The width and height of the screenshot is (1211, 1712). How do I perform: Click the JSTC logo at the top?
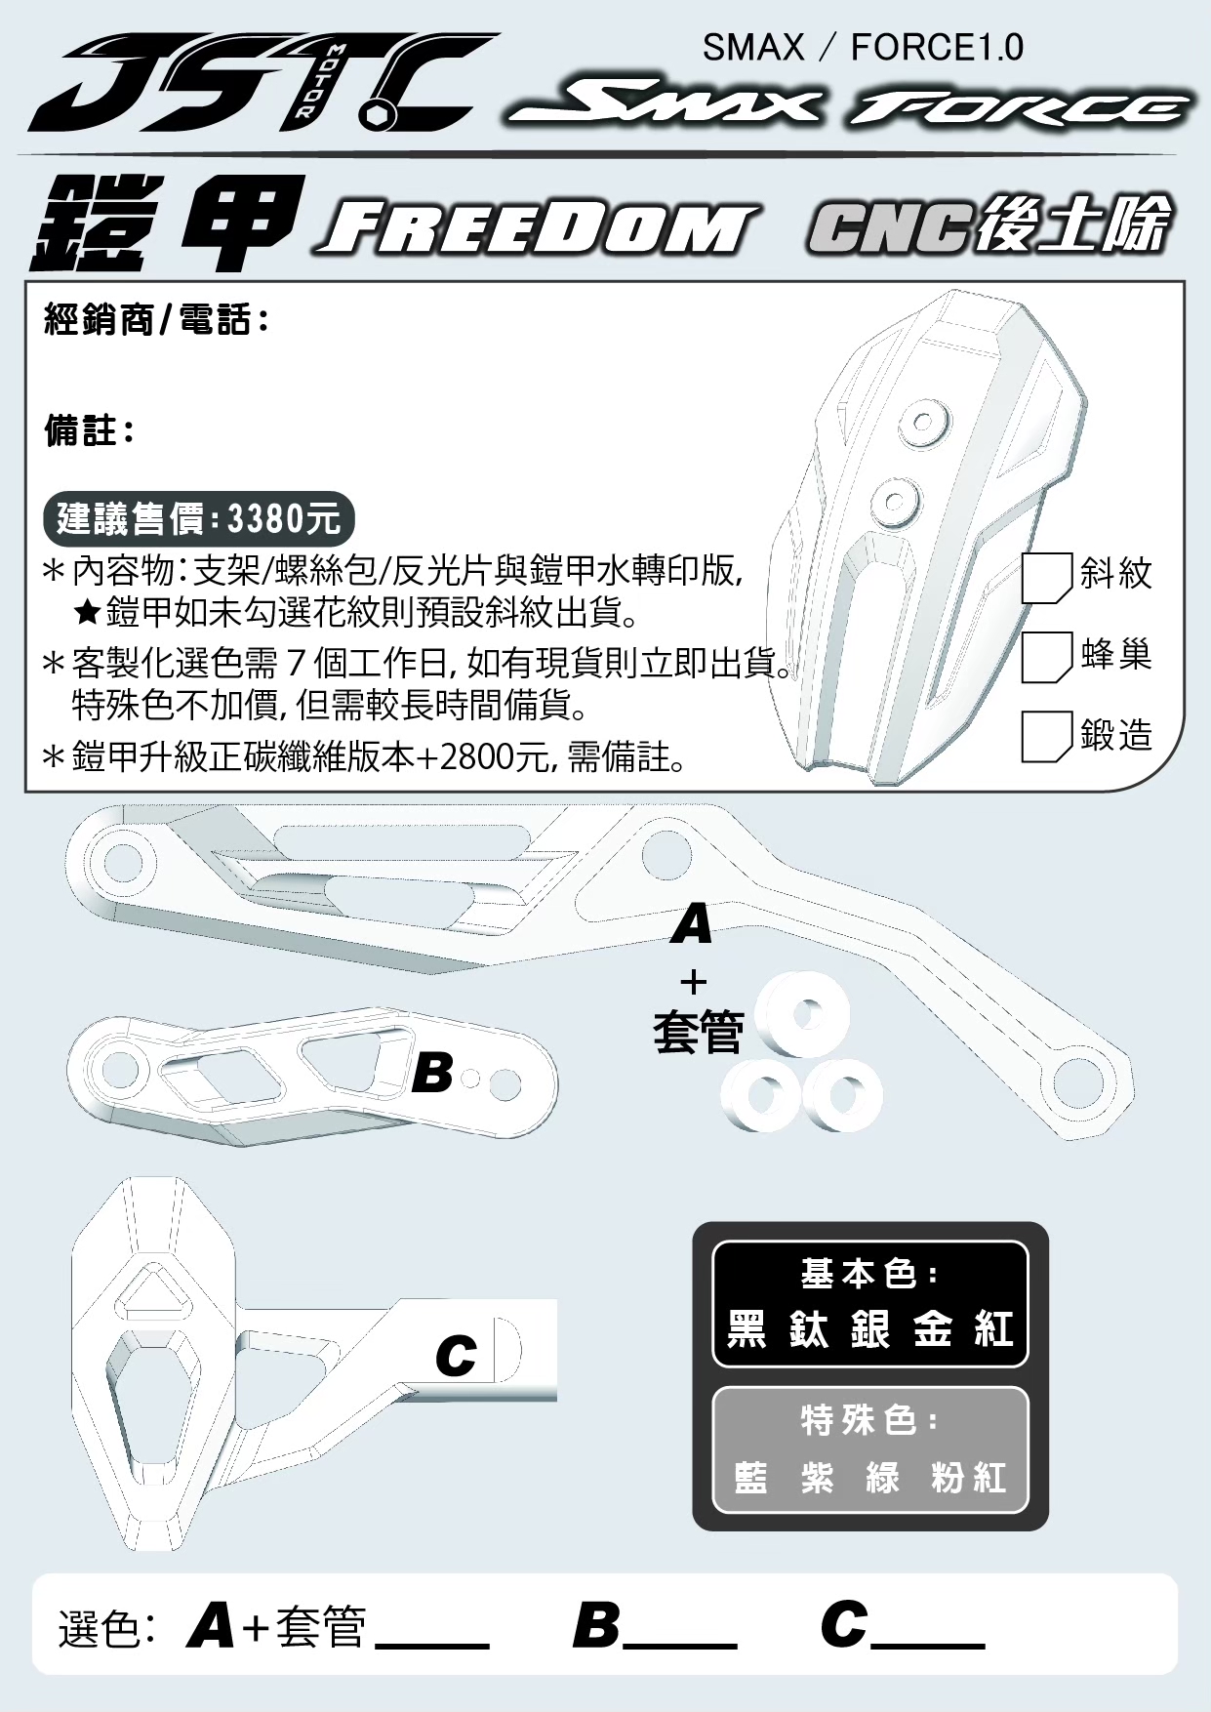[263, 84]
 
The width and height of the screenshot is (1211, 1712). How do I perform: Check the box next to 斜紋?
[1047, 579]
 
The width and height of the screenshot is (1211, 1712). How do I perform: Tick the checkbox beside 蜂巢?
[1047, 657]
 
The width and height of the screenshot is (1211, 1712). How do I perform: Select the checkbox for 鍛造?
[1047, 737]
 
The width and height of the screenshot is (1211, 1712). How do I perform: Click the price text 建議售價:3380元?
[198, 518]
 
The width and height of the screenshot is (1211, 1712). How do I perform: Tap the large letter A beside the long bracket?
[692, 923]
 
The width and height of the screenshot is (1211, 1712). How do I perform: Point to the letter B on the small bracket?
[432, 1073]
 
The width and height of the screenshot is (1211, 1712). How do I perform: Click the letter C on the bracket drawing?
[457, 1355]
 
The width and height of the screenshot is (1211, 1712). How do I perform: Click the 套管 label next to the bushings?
[698, 1032]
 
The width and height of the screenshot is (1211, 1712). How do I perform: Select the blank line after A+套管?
[431, 1645]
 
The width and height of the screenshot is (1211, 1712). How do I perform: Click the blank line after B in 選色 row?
[679, 1645]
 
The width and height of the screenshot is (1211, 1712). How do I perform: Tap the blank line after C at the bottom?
[927, 1645]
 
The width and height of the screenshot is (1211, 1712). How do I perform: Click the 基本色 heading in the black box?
[869, 1274]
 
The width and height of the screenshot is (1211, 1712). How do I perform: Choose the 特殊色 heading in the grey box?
[869, 1420]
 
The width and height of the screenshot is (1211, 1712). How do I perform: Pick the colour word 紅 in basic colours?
[994, 1329]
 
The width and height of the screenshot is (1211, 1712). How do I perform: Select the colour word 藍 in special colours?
[750, 1478]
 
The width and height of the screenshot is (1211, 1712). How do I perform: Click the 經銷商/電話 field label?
[156, 319]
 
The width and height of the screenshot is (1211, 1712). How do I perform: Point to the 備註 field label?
[89, 430]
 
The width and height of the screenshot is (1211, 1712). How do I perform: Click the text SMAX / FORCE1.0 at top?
[863, 47]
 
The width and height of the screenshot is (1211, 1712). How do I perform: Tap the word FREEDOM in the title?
[537, 228]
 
